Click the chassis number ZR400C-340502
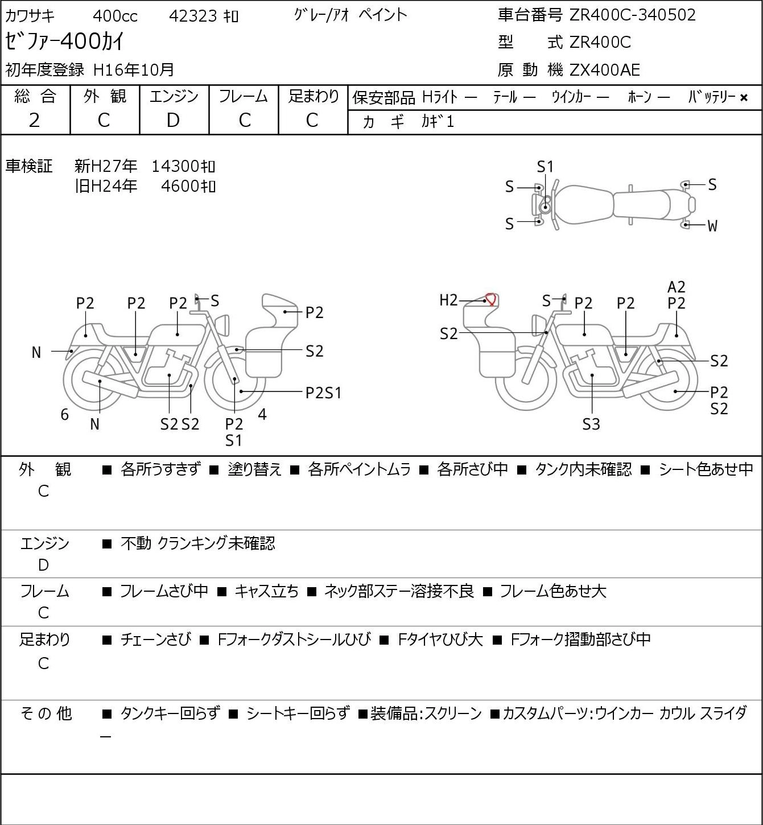coord(632,15)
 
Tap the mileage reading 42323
coord(193,16)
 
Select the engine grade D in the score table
coord(173,120)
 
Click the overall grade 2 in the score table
coord(35,120)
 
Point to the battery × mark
coord(744,98)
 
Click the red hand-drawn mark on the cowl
coord(491,299)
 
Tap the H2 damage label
coord(448,300)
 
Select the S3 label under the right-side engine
coord(591,424)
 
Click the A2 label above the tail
coord(676,287)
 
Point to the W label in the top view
coord(712,226)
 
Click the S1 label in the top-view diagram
coord(545,167)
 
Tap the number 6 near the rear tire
coord(64,414)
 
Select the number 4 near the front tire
coord(262,414)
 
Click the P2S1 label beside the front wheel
coord(323,393)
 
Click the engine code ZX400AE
coord(605,70)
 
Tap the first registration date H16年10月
coord(133,70)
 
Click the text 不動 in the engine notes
coord(136,543)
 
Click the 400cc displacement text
coord(115,16)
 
